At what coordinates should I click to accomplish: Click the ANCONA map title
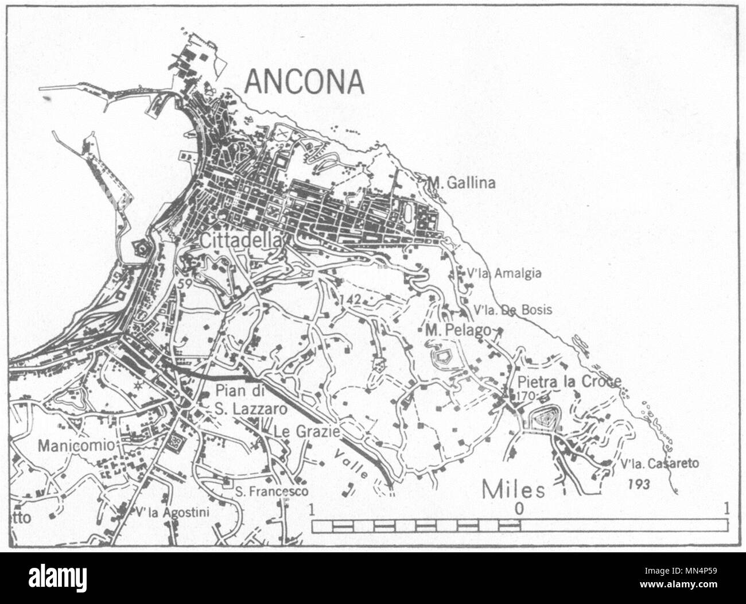(x=304, y=82)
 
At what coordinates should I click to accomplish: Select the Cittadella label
(x=242, y=242)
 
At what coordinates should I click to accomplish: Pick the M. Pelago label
(x=457, y=330)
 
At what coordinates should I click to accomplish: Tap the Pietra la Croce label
(x=569, y=382)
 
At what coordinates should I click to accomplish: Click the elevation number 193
(x=638, y=485)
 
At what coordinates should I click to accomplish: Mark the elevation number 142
(x=349, y=299)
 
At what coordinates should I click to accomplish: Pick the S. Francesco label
(x=272, y=491)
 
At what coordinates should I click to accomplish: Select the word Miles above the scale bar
(x=512, y=490)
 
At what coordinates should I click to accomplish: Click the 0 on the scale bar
(x=519, y=508)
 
